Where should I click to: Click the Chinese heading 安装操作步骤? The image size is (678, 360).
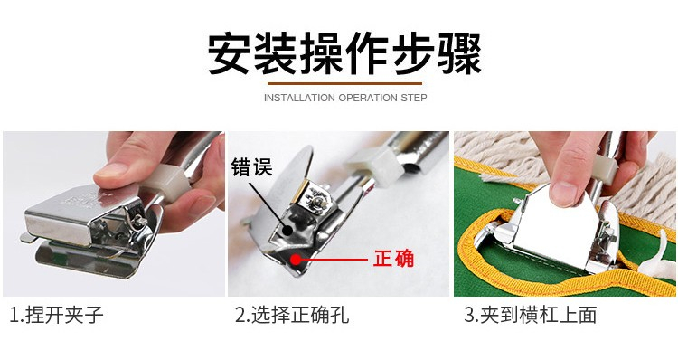(x=344, y=53)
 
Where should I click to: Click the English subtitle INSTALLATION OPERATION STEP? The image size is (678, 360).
(x=345, y=98)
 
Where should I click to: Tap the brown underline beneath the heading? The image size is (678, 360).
(x=344, y=83)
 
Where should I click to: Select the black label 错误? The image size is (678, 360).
(x=251, y=167)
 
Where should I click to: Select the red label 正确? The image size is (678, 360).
(x=393, y=259)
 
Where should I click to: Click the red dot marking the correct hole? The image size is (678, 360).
(x=296, y=260)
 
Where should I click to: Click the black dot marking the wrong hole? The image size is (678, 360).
(x=286, y=230)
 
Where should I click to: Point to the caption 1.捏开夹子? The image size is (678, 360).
(x=57, y=315)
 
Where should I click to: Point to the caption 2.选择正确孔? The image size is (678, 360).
(x=292, y=315)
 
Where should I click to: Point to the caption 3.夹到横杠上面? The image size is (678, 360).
(x=531, y=315)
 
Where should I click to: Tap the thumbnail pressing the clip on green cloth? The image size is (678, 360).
(x=564, y=193)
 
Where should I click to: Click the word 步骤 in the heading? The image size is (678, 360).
(x=437, y=53)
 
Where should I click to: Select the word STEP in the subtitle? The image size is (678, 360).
(x=414, y=98)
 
